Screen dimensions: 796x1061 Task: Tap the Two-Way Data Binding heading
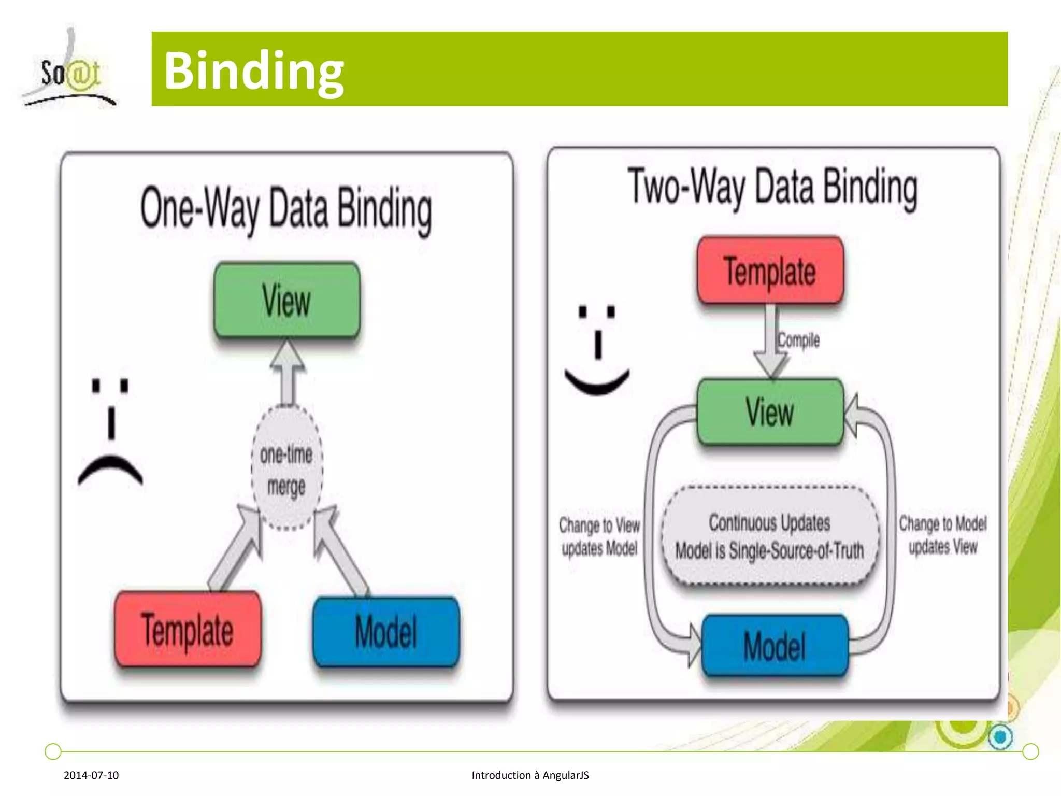pyautogui.click(x=772, y=188)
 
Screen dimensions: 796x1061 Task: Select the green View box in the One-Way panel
pyautogui.click(x=287, y=301)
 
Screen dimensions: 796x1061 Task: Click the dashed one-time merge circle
pyautogui.click(x=287, y=468)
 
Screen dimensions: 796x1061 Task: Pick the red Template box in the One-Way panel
pyautogui.click(x=188, y=629)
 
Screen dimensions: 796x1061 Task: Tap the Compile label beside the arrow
pyautogui.click(x=798, y=340)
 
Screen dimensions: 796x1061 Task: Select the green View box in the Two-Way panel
pyautogui.click(x=770, y=412)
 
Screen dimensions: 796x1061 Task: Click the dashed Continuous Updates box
pyautogui.click(x=770, y=536)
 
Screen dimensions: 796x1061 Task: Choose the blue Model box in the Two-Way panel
pyautogui.click(x=775, y=646)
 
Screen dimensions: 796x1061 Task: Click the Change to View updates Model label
pyautogui.click(x=599, y=536)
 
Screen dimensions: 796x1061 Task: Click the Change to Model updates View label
pyautogui.click(x=942, y=535)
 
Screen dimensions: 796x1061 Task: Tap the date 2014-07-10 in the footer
pyautogui.click(x=91, y=775)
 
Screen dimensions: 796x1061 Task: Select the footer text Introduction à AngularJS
pyautogui.click(x=530, y=775)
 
